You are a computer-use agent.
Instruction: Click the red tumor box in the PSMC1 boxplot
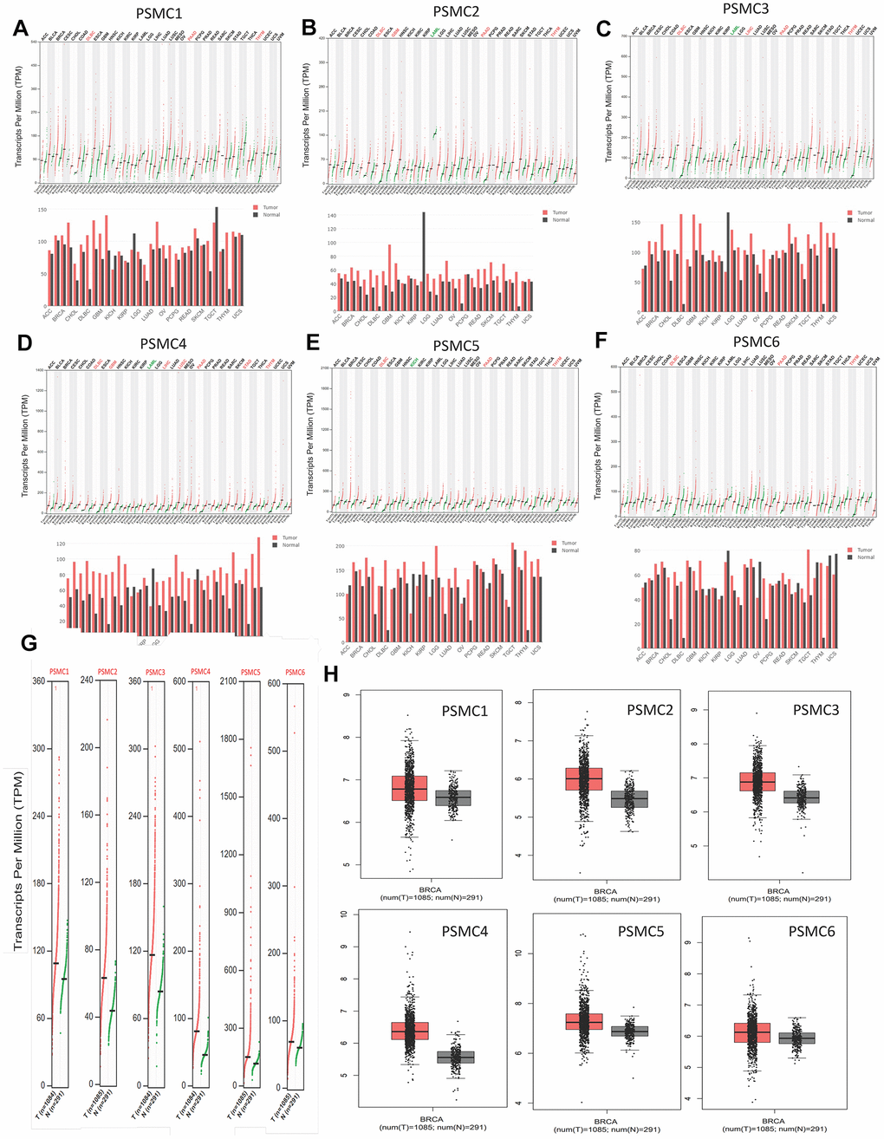click(x=410, y=788)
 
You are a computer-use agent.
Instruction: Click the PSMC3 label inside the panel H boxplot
click(x=816, y=710)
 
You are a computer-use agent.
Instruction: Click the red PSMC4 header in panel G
click(x=200, y=672)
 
